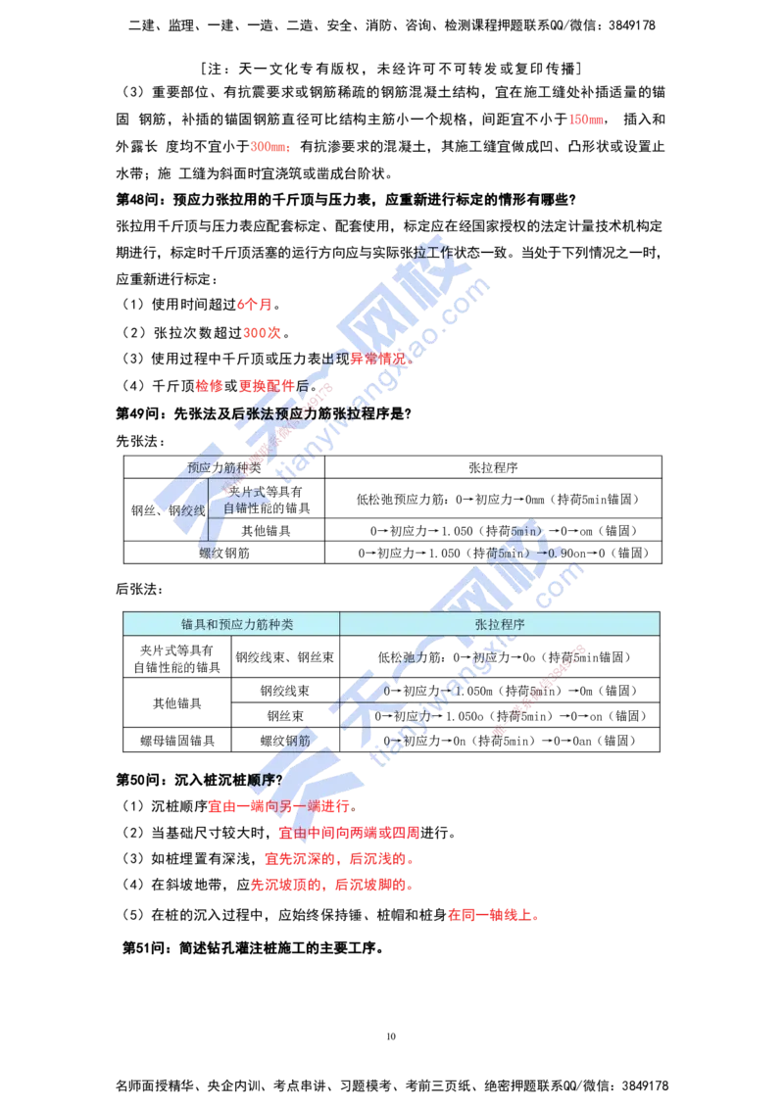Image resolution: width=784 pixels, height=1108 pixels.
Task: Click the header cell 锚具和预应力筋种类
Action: (x=231, y=624)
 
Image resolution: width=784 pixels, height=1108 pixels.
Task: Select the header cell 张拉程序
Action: (x=500, y=624)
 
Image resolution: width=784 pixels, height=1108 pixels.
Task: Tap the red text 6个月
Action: (x=253, y=306)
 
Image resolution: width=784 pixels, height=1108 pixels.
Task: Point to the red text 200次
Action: (x=262, y=334)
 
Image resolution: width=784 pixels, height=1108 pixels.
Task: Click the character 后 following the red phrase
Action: (x=301, y=386)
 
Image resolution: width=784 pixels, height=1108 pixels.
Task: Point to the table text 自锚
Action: (x=236, y=508)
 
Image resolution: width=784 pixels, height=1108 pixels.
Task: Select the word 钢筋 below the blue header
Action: (x=295, y=741)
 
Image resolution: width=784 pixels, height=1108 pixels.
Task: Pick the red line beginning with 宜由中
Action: (x=349, y=833)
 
